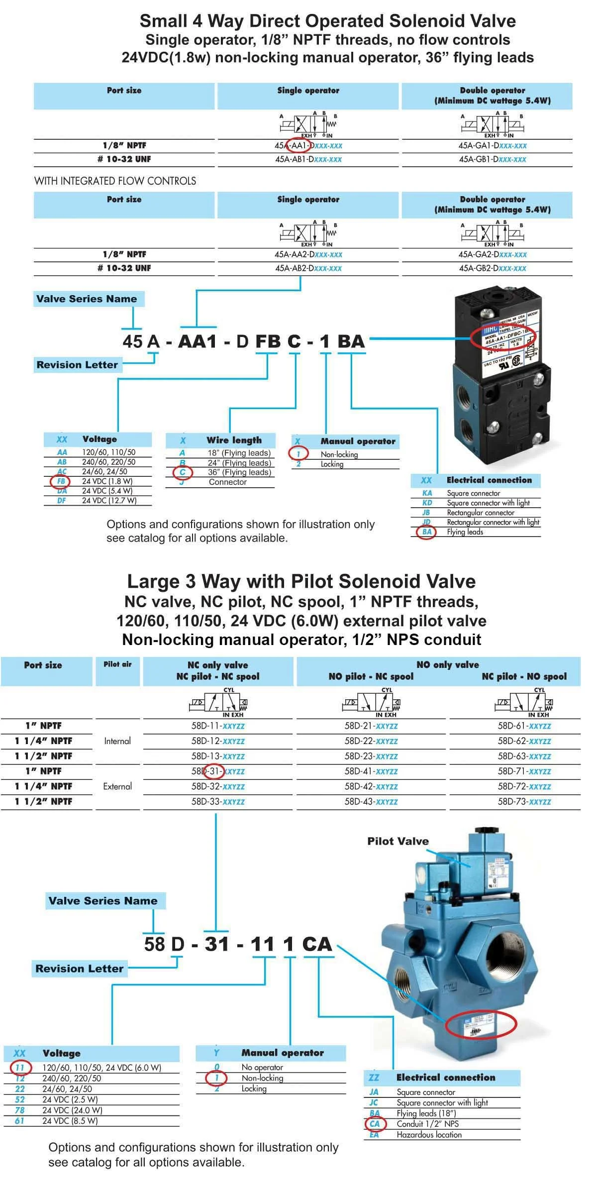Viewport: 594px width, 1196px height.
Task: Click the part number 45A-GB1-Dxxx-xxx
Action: (x=492, y=159)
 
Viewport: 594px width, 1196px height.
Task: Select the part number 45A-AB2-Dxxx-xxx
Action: (x=308, y=268)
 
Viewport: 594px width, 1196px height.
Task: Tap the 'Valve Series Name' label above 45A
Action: (x=87, y=299)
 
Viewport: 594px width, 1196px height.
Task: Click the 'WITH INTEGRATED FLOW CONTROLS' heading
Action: (x=115, y=181)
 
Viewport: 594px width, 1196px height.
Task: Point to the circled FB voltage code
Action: (x=61, y=481)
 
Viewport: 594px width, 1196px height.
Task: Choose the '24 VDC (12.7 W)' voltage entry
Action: (x=109, y=501)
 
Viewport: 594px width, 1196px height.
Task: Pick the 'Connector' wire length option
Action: (x=227, y=482)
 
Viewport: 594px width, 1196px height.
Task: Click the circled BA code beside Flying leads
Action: (x=426, y=532)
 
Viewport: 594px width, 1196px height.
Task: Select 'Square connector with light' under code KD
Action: (x=488, y=503)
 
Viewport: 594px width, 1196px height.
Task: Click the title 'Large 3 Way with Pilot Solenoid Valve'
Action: (x=301, y=581)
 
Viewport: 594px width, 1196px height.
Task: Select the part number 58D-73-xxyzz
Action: (x=524, y=802)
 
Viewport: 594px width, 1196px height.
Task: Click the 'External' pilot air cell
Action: (x=117, y=786)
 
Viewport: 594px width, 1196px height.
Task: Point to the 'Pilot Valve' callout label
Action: (x=398, y=841)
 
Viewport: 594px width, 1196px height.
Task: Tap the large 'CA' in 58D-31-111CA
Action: (x=317, y=944)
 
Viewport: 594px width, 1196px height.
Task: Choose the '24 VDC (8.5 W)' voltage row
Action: (x=70, y=1121)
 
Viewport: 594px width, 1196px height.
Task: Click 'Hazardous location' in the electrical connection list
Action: (x=429, y=1135)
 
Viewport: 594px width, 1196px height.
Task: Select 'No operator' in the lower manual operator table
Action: (x=262, y=1067)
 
